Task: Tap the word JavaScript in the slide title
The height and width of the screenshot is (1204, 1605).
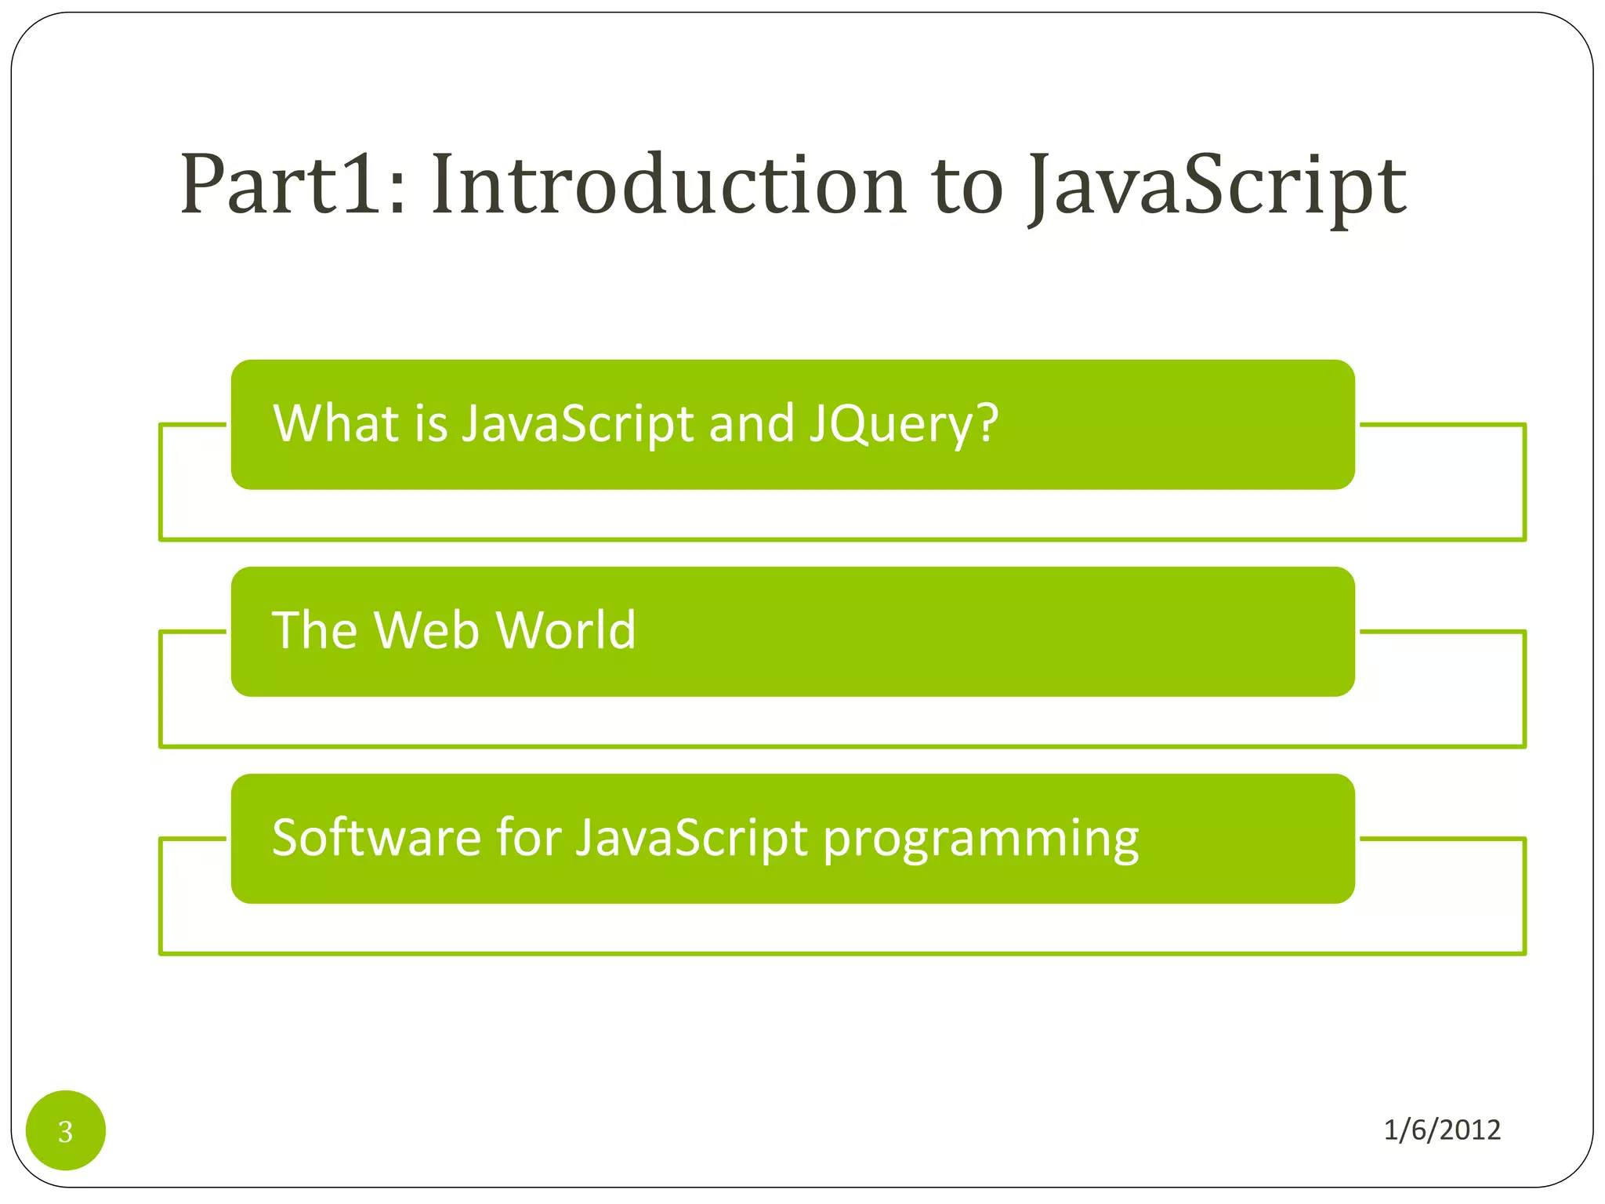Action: (1217, 187)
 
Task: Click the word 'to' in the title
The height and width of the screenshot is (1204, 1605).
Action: (967, 187)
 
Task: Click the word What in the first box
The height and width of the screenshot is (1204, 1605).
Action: (335, 423)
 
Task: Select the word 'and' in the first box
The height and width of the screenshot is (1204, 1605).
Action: (751, 423)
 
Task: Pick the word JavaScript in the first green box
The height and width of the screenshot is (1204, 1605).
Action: (578, 424)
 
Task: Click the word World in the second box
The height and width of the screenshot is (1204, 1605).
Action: (565, 630)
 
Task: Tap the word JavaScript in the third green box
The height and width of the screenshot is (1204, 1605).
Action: (692, 839)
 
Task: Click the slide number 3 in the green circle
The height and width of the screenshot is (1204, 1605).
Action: (66, 1131)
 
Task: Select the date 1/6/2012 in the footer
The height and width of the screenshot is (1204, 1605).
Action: (1441, 1130)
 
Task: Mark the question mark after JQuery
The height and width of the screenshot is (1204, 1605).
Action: (987, 423)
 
